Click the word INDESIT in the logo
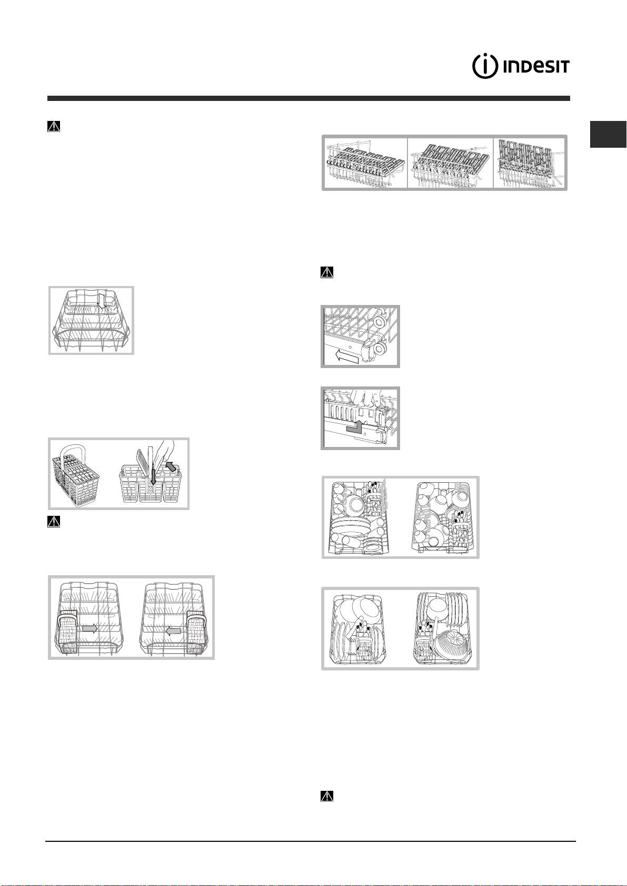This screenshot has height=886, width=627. click(x=535, y=68)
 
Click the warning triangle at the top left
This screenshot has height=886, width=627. click(x=55, y=127)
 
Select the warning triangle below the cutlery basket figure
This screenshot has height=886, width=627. click(x=55, y=522)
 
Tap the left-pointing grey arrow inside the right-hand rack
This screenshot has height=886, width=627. click(x=174, y=630)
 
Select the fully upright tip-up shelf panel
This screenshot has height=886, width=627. click(x=529, y=163)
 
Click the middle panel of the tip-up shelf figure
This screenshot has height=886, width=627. click(x=450, y=163)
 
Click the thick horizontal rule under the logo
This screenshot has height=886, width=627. click(x=308, y=98)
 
